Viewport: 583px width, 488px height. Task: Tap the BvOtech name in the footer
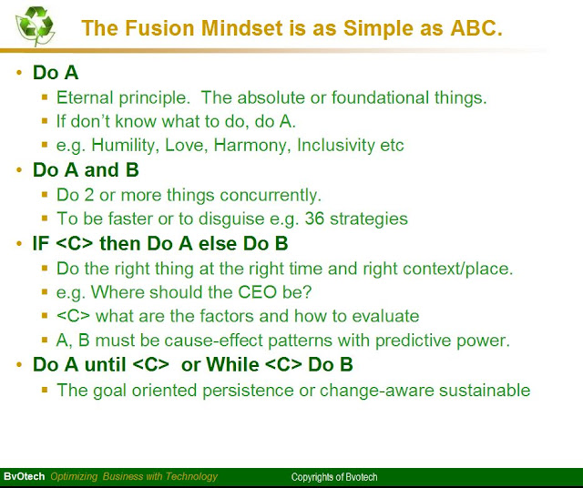click(24, 477)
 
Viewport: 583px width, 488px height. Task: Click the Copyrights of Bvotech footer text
click(334, 477)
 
